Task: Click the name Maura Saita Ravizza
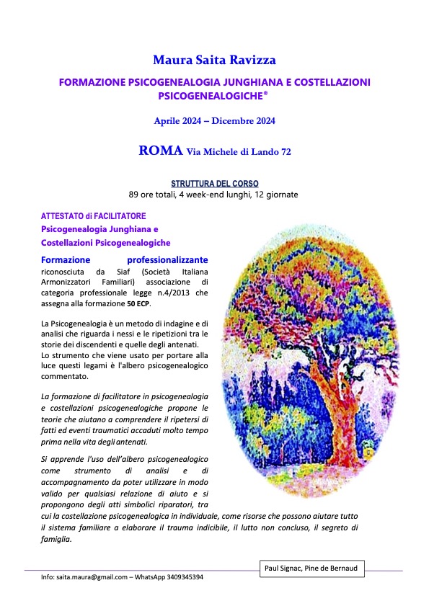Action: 215,58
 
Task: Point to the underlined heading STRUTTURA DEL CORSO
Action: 214,184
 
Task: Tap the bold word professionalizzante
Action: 167,259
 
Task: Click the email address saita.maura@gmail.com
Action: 89,577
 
